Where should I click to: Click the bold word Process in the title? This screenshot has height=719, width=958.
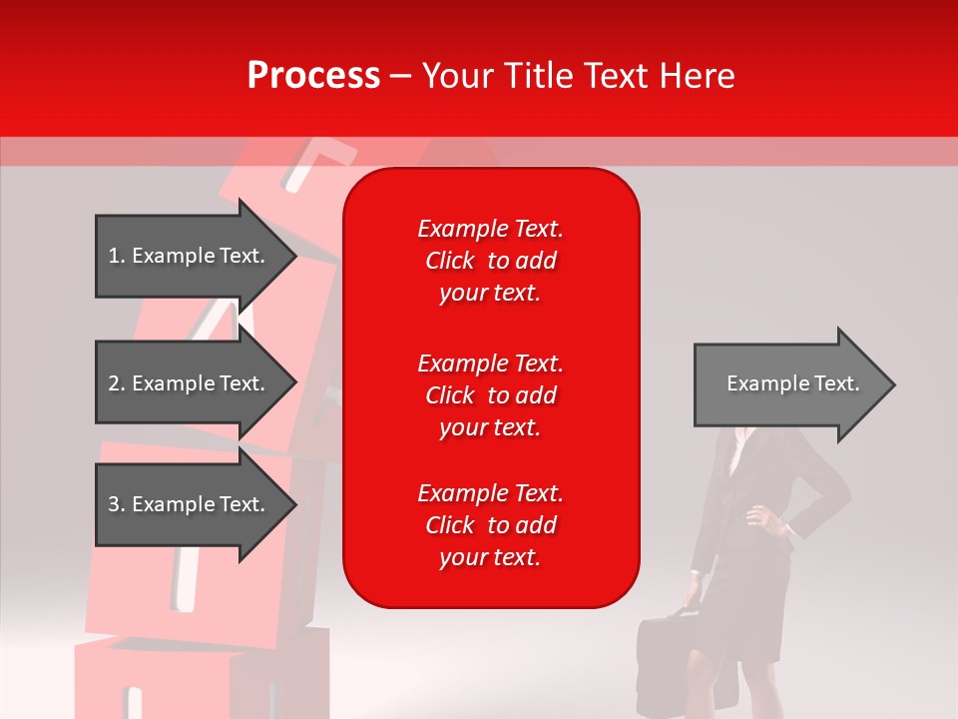313,76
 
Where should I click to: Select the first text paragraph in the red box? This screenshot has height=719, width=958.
490,261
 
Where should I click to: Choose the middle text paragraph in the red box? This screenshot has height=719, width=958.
490,395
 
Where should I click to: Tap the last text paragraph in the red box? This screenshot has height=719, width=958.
490,525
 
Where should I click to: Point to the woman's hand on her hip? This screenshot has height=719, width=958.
764,519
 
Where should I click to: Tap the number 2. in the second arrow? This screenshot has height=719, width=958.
116,383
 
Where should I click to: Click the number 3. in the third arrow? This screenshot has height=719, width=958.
116,504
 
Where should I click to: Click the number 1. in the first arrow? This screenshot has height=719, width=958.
116,256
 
